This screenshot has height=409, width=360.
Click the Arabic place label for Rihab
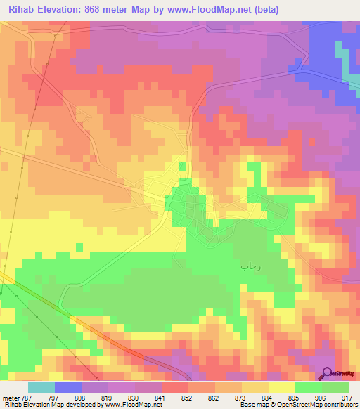(250, 266)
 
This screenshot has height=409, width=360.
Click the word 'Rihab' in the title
(20, 10)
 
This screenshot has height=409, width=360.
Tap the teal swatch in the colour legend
(41, 387)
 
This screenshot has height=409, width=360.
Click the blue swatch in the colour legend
(68, 387)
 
